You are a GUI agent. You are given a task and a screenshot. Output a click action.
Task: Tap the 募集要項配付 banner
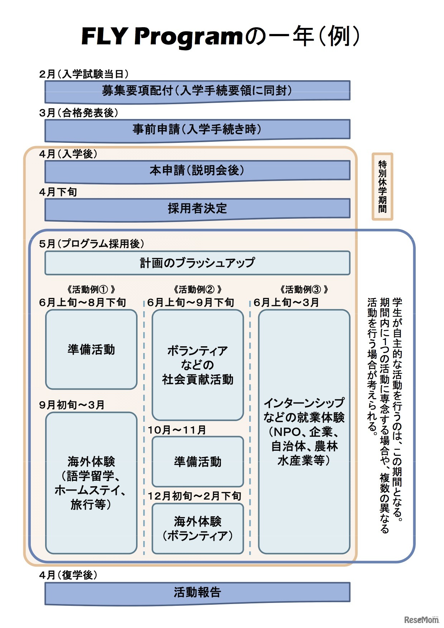click(197, 91)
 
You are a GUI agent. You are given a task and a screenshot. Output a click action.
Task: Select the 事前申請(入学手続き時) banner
click(197, 129)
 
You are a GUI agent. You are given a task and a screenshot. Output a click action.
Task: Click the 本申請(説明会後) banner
click(197, 170)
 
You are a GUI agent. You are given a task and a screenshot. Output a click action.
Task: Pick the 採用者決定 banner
click(197, 208)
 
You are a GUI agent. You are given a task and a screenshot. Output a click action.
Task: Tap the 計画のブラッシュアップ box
click(197, 263)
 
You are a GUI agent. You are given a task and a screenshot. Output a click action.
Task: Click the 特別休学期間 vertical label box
click(382, 186)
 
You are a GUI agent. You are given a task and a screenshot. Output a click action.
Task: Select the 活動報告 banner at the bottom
click(197, 593)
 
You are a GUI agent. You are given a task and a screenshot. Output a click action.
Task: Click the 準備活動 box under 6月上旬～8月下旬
click(91, 349)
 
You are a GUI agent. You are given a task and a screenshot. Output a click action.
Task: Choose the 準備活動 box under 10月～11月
click(198, 462)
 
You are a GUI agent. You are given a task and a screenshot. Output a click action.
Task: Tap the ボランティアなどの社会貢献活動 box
click(198, 365)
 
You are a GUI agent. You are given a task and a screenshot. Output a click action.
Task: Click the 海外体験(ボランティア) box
click(198, 528)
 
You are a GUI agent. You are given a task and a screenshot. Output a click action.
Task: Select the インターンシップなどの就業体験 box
click(304, 431)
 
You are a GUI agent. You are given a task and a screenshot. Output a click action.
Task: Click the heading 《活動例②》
click(197, 289)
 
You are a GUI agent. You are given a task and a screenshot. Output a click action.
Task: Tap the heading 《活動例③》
click(304, 289)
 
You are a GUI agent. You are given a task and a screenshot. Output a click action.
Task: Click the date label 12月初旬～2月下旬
click(194, 496)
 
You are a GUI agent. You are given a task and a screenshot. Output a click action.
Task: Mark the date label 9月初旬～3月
click(72, 405)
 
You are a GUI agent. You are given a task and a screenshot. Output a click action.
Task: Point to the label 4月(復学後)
click(68, 575)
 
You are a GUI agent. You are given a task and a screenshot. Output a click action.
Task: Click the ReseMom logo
click(421, 619)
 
